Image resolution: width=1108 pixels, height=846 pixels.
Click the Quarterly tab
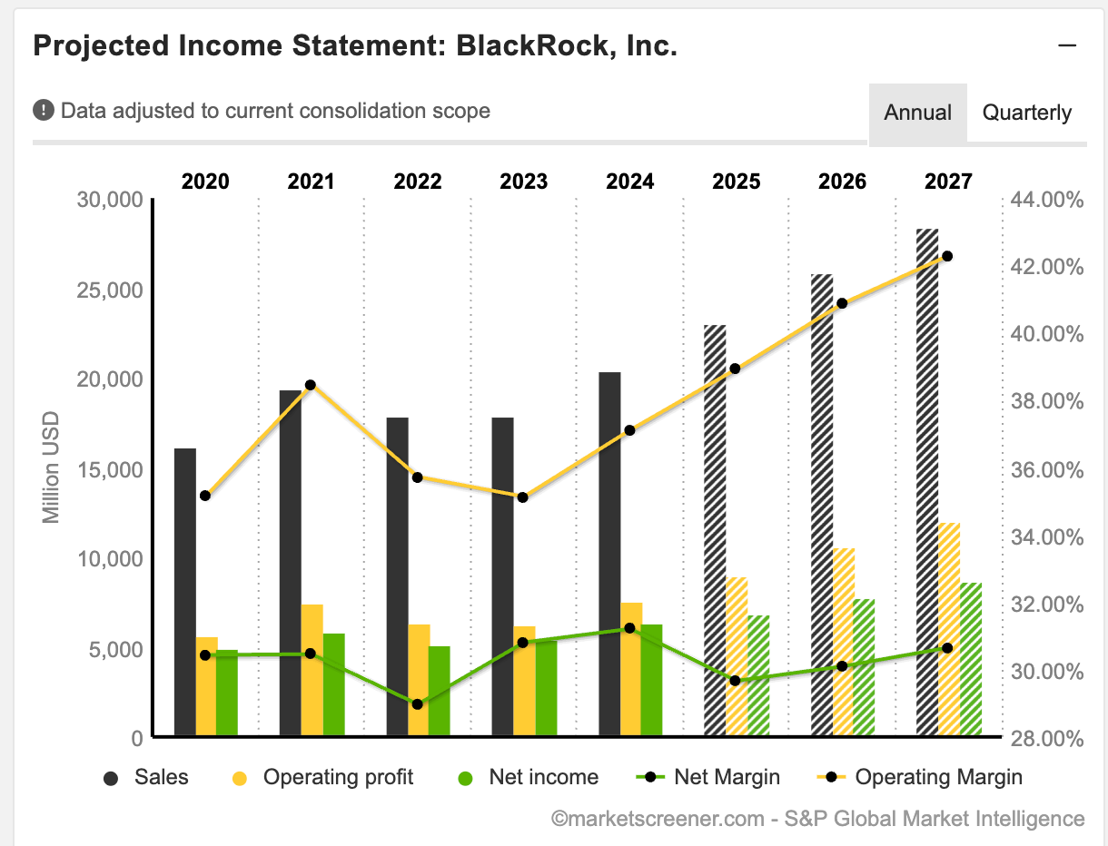pyautogui.click(x=1027, y=113)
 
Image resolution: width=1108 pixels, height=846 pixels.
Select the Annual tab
pyautogui.click(x=917, y=113)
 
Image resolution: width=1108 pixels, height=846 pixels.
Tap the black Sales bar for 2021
pyautogui.click(x=291, y=563)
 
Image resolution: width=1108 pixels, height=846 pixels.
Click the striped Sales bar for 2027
pyautogui.click(x=927, y=481)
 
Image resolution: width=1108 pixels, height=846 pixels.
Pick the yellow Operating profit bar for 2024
pyautogui.click(x=631, y=669)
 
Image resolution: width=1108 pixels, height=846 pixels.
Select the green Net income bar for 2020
pyautogui.click(x=227, y=693)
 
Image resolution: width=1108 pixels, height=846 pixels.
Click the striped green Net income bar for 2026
pyautogui.click(x=864, y=667)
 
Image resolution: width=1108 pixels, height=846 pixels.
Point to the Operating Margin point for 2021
pyautogui.click(x=310, y=385)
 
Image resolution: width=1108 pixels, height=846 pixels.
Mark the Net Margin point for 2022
pyautogui.click(x=417, y=703)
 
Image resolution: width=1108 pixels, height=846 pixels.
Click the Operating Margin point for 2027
pyautogui.click(x=947, y=256)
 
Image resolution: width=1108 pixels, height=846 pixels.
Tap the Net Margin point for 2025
pyautogui.click(x=735, y=681)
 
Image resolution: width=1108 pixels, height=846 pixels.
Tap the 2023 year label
pyautogui.click(x=524, y=182)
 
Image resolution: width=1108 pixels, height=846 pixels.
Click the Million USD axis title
pyautogui.click(x=51, y=467)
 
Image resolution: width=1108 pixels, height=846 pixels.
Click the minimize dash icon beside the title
pyautogui.click(x=1067, y=45)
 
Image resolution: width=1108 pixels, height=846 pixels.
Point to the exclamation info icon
pyautogui.click(x=44, y=111)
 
